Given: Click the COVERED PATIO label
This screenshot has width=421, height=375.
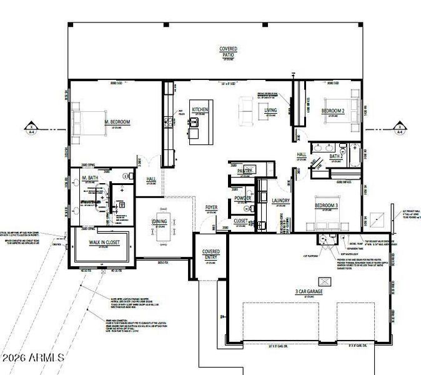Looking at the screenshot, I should coord(228,51).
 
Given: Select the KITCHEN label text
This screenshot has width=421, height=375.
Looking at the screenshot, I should coord(200,109).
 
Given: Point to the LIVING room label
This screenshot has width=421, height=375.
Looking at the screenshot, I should coord(270,110).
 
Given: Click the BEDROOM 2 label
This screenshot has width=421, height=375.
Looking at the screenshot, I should coord(333,111).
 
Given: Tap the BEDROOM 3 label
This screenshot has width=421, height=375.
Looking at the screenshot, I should coord(326,206).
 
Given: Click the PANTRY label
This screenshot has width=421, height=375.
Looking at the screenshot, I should coord(244,170).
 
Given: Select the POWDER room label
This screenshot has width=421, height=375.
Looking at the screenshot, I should coord(242,198).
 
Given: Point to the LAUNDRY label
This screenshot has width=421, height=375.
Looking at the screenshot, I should coord(281,201).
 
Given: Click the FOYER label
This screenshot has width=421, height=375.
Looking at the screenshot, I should coord(212,207).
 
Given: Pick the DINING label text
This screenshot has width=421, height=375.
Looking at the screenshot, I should coord(159,221).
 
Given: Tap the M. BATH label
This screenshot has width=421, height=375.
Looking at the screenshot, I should coord(92,179).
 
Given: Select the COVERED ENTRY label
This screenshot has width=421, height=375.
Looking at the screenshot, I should coord(211,254).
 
